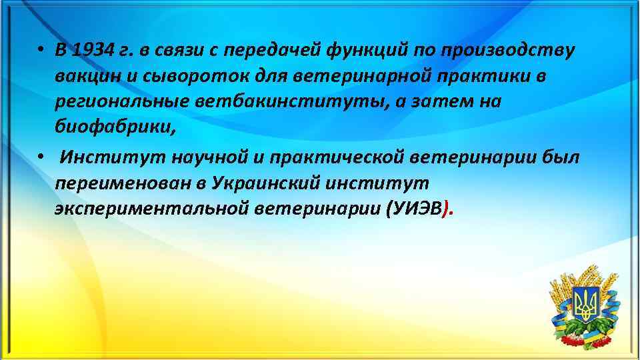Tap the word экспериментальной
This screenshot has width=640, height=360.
tap(152, 209)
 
